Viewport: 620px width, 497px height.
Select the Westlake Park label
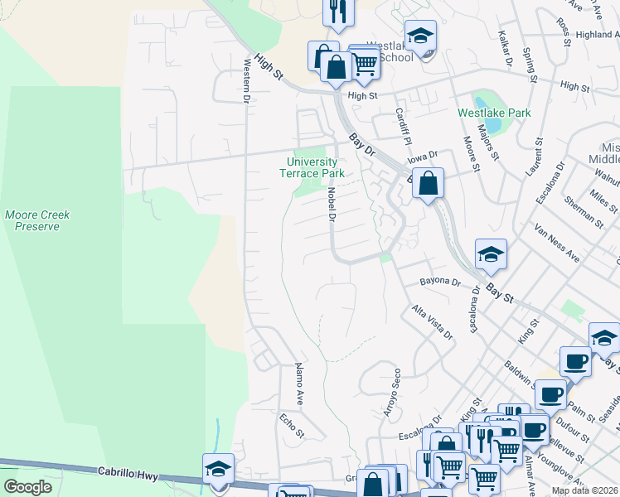(494, 112)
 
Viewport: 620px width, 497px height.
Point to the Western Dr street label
(246, 80)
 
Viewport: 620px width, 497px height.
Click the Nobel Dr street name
(331, 205)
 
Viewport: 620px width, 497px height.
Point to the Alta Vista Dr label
(433, 323)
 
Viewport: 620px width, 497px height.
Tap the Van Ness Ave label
(556, 241)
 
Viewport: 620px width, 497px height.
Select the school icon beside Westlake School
(421, 37)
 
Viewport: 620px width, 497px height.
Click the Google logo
(28, 487)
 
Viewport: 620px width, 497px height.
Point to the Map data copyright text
(584, 490)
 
